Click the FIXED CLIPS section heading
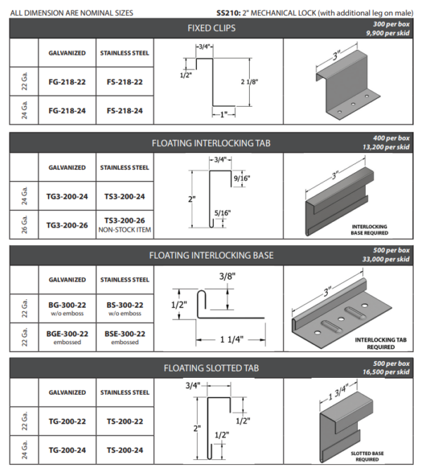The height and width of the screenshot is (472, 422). pos(210,28)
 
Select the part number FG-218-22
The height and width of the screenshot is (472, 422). pos(68,82)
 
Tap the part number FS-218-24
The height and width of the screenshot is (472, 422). pos(124,110)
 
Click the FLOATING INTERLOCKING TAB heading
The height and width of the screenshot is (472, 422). pos(210,143)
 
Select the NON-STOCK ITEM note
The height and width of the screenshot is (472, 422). pos(124,230)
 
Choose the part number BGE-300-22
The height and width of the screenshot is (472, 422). pos(68,334)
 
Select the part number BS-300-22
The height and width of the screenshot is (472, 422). pos(124,305)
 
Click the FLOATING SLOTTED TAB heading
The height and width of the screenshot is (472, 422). pos(210,367)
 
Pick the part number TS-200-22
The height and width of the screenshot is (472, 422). pos(124,421)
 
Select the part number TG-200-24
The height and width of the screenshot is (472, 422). pos(68,450)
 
